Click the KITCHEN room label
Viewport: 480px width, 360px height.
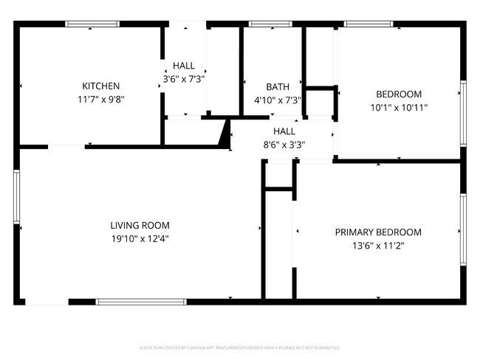pos(100,86)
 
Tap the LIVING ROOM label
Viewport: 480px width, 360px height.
pos(140,225)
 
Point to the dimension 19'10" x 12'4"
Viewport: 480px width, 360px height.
pos(140,238)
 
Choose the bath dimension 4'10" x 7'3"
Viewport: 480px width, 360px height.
pos(267,100)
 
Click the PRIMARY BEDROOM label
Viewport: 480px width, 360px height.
pos(378,232)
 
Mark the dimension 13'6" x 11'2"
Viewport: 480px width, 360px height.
pos(378,245)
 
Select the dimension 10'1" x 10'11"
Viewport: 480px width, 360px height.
pos(399,107)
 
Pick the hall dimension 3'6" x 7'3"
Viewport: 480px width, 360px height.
pos(184,78)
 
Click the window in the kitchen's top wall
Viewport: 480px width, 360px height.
pos(92,24)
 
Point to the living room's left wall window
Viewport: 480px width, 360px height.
pos(16,196)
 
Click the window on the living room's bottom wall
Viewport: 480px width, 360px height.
pos(141,301)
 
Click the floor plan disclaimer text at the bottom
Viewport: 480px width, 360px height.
pos(239,347)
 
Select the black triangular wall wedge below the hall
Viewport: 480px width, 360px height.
pos(224,134)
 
